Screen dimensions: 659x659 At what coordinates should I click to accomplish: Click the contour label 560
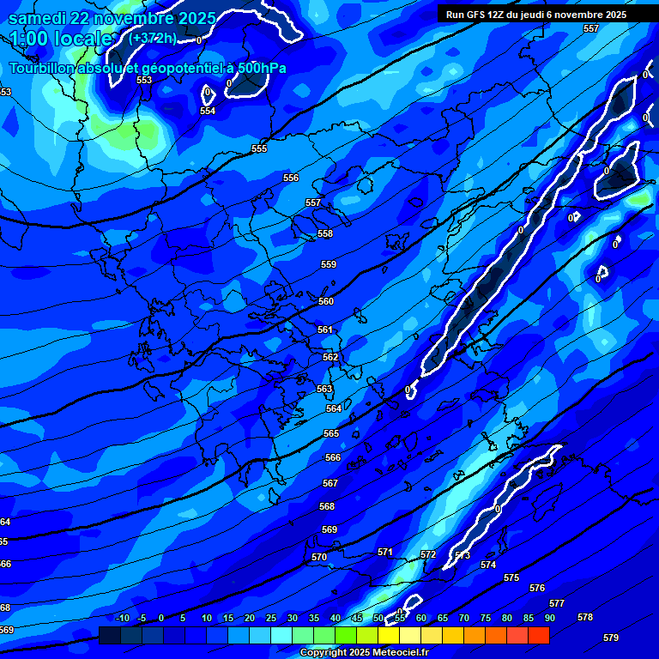coord(326,302)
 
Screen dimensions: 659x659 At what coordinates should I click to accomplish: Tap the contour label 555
coord(259,149)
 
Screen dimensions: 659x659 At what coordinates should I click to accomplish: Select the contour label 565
coord(331,434)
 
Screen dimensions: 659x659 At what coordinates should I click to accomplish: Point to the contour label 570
coord(319,558)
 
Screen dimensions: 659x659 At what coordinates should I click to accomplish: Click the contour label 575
coord(511,578)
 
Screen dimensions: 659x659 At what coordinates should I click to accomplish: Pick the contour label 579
coord(611,638)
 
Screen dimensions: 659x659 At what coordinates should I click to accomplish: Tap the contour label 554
coord(208,112)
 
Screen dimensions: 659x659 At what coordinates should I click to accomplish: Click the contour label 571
coord(385,553)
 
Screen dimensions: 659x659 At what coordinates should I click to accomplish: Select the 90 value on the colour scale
coord(549,619)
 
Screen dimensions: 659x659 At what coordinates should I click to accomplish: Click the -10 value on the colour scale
coord(122,619)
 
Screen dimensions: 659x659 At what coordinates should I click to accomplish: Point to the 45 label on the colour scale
coord(357,619)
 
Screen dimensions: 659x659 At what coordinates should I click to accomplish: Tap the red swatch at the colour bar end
coord(538,635)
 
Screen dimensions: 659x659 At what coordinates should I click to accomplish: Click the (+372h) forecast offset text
coord(153,38)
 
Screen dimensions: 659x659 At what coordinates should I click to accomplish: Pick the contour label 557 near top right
coord(590,29)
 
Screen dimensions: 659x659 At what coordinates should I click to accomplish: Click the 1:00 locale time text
coord(62,39)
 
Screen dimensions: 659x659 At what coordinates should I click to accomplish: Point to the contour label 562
coord(330,358)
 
